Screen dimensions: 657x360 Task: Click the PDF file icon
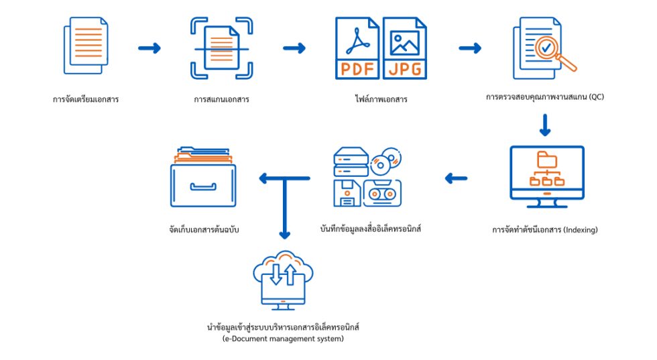click(x=357, y=48)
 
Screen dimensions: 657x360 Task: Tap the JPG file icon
click(x=405, y=48)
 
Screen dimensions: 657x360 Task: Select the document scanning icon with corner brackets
click(x=222, y=48)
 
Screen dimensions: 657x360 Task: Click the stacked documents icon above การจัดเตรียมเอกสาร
click(x=86, y=46)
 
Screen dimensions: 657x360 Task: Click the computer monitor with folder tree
click(x=547, y=176)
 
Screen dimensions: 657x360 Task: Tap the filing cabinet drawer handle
click(x=203, y=186)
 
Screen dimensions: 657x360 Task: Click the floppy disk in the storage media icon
click(x=347, y=193)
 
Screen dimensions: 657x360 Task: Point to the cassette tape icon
click(x=382, y=193)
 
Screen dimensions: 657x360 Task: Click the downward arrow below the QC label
click(x=544, y=125)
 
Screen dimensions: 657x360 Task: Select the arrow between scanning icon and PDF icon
click(x=294, y=48)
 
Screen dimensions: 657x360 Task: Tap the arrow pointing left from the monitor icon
click(x=456, y=178)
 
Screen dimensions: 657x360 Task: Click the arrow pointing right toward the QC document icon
click(x=470, y=48)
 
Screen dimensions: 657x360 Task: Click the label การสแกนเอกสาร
click(x=221, y=99)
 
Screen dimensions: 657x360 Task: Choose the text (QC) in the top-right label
click(x=596, y=97)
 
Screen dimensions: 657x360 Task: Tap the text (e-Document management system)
click(x=283, y=339)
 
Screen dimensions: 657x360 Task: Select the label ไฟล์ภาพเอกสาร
click(x=381, y=99)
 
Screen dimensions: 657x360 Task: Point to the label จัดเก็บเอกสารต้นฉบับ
click(x=204, y=230)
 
